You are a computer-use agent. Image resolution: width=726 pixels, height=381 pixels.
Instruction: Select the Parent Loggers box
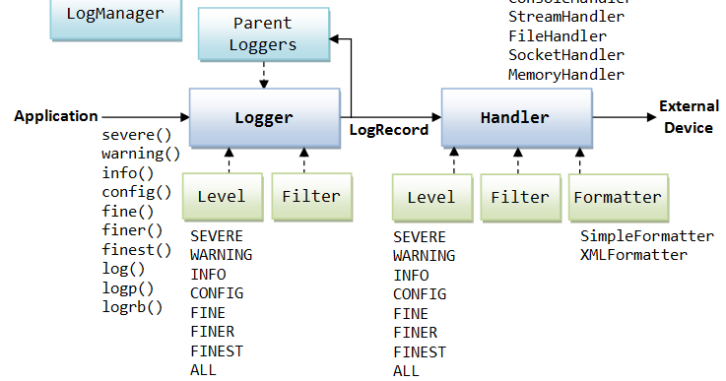coord(263,33)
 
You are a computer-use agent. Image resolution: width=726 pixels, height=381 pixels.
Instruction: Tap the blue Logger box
coord(263,117)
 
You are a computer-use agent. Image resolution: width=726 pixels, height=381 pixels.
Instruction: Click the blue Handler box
coord(514,117)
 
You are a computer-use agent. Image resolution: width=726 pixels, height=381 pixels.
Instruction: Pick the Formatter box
coord(618,197)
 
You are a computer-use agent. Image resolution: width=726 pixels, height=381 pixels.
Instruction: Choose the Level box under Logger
coord(221,196)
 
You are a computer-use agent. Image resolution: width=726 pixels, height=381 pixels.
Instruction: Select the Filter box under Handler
coord(519,197)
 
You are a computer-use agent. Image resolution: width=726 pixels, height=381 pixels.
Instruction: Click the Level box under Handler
coord(431,197)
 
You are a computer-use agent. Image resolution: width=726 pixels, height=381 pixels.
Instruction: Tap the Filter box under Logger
coord(310,196)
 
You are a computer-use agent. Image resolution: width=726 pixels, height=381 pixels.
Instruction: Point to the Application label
coord(56,116)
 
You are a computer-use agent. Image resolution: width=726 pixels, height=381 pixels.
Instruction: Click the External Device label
coord(689,116)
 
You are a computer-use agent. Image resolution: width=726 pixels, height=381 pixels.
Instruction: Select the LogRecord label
coord(389,129)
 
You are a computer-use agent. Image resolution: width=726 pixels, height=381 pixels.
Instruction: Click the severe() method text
coord(136,135)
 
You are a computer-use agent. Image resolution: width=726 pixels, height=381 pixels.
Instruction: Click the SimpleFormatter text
coord(646,236)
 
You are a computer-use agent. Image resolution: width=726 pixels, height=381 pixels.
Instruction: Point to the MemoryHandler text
coord(565,75)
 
